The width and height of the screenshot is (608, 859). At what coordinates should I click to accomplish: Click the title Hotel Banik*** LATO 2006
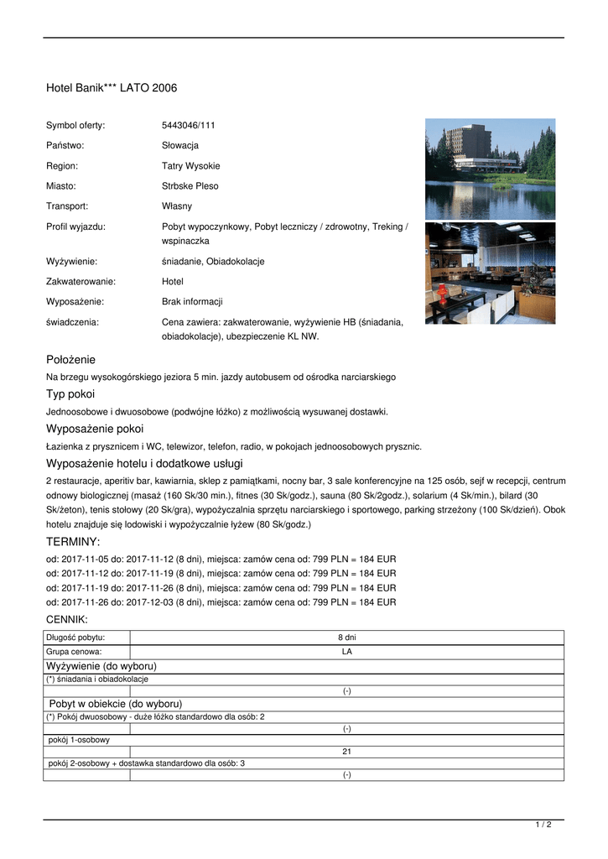click(112, 88)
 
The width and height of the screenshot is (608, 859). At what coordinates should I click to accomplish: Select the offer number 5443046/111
click(189, 125)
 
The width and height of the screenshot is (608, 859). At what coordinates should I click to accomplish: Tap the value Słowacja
click(180, 145)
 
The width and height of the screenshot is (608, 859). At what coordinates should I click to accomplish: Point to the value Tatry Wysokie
click(191, 166)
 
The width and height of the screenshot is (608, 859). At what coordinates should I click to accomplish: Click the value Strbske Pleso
click(190, 186)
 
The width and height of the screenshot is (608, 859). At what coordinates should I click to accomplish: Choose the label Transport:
click(67, 206)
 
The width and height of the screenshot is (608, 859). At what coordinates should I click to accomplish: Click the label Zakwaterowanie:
click(81, 282)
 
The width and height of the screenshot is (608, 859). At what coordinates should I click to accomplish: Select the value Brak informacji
click(192, 302)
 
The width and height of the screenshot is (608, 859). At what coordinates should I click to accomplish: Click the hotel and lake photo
click(490, 169)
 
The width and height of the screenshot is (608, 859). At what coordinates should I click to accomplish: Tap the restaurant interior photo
click(490, 273)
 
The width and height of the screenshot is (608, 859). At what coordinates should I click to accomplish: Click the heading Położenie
click(70, 359)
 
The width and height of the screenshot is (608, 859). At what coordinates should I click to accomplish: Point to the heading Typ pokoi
click(70, 393)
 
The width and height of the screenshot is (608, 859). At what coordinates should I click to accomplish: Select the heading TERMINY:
click(73, 542)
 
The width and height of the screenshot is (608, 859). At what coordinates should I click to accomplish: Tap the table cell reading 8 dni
click(346, 638)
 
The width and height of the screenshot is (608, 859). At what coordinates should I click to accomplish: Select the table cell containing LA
click(346, 651)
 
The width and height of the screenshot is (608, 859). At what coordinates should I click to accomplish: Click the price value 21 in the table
click(346, 752)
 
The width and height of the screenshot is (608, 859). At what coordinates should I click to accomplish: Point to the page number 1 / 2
click(543, 825)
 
